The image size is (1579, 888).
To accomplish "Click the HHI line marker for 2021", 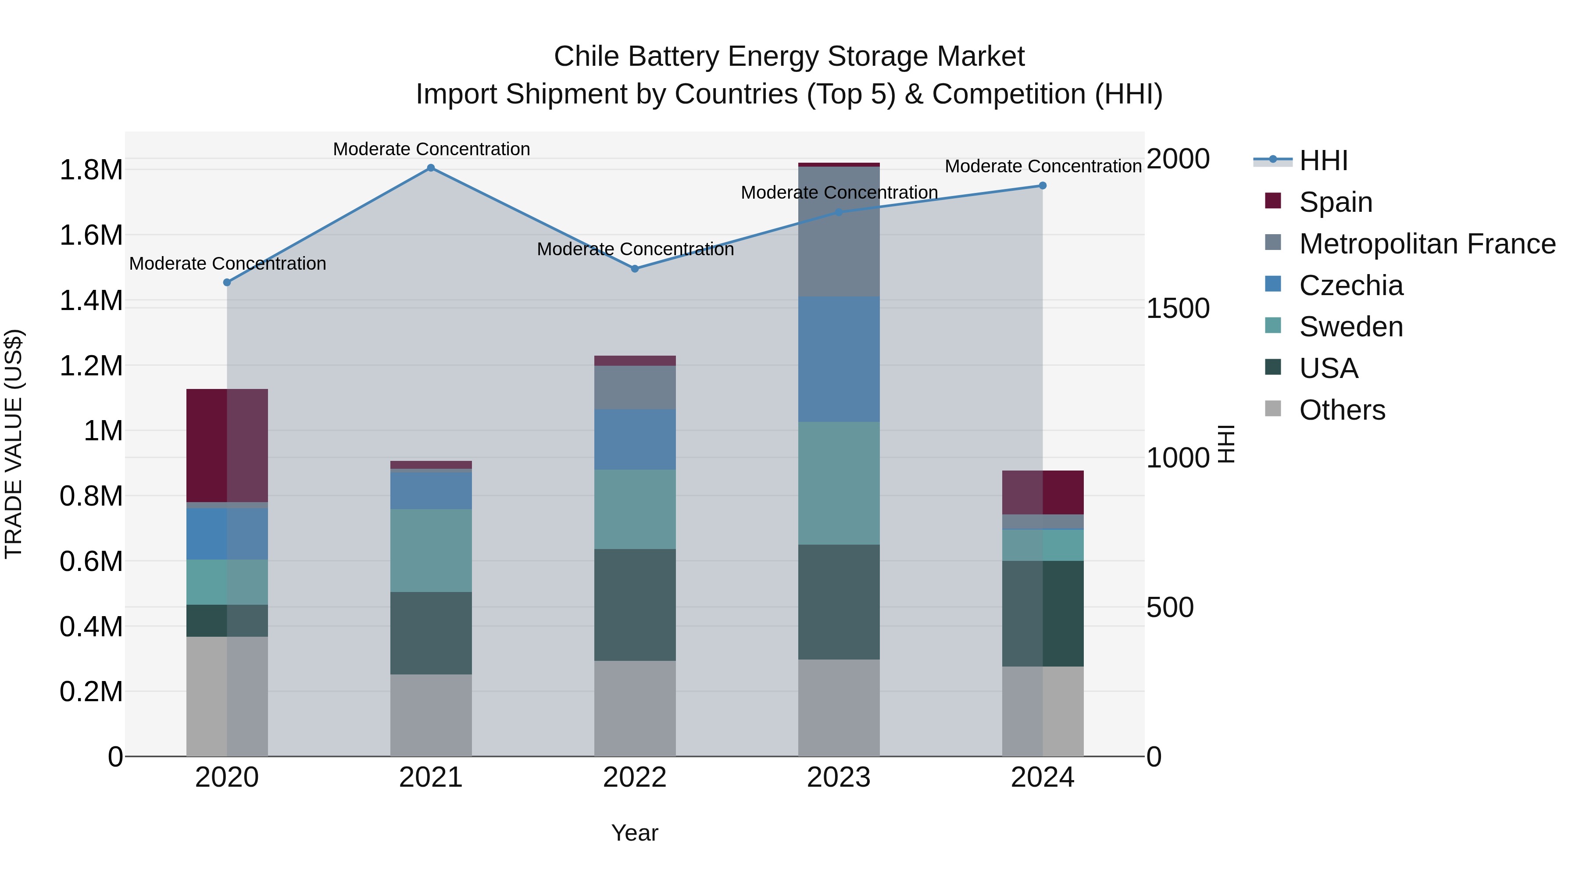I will coord(431,168).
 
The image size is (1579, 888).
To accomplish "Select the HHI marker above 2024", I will coord(1043,185).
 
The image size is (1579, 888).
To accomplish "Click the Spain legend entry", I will coord(1335,202).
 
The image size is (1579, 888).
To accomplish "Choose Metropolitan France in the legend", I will coord(1427,244).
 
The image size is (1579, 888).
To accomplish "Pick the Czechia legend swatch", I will coord(1273,284).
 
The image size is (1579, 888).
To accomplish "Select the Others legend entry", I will coord(1342,410).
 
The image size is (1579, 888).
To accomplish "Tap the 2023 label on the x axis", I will coord(839,777).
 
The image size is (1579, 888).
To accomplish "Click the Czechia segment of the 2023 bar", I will coord(839,359).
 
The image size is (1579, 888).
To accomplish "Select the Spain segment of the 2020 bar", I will coord(227,446).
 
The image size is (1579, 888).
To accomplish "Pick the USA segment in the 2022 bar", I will coord(635,604).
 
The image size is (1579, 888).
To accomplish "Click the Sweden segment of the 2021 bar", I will coord(431,550).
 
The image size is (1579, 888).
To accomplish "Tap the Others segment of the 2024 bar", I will coord(1043,711).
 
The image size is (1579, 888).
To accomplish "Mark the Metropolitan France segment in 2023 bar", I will coord(839,232).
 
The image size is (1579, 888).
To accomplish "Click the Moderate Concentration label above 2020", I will coord(227,264).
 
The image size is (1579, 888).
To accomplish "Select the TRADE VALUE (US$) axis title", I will coord(14,444).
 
